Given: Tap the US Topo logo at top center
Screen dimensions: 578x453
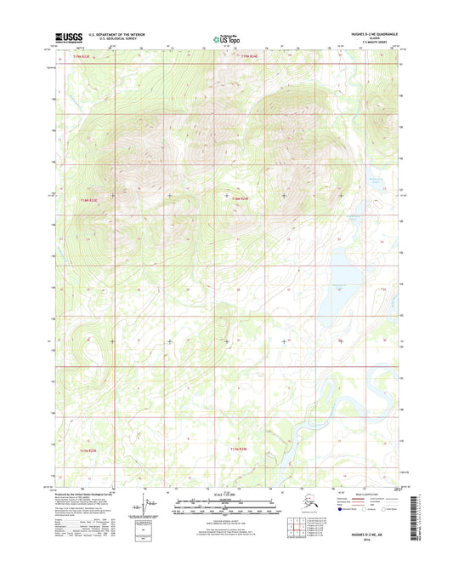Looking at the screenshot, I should point(223,38).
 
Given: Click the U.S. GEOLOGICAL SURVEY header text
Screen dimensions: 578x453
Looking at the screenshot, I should point(112,39).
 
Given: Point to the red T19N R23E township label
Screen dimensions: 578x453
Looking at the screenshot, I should point(78,57).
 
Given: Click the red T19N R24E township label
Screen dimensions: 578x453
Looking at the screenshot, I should point(248,57).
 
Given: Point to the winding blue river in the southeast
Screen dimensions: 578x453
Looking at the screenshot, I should point(314,409).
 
